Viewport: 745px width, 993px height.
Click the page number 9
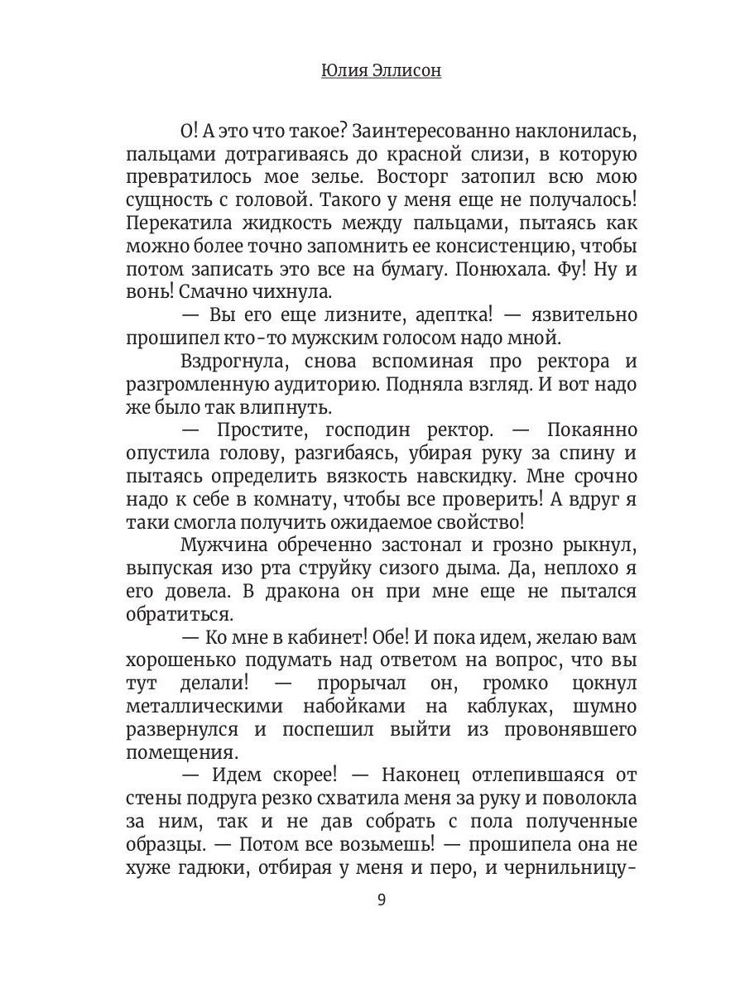pos(381,900)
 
